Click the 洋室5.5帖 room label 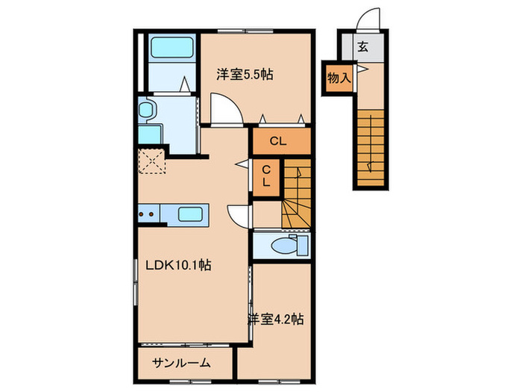pos(244,75)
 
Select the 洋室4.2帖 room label pos(275,319)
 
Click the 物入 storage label pos(339,78)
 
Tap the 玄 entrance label pos(362,47)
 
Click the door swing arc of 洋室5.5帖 pos(224,109)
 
